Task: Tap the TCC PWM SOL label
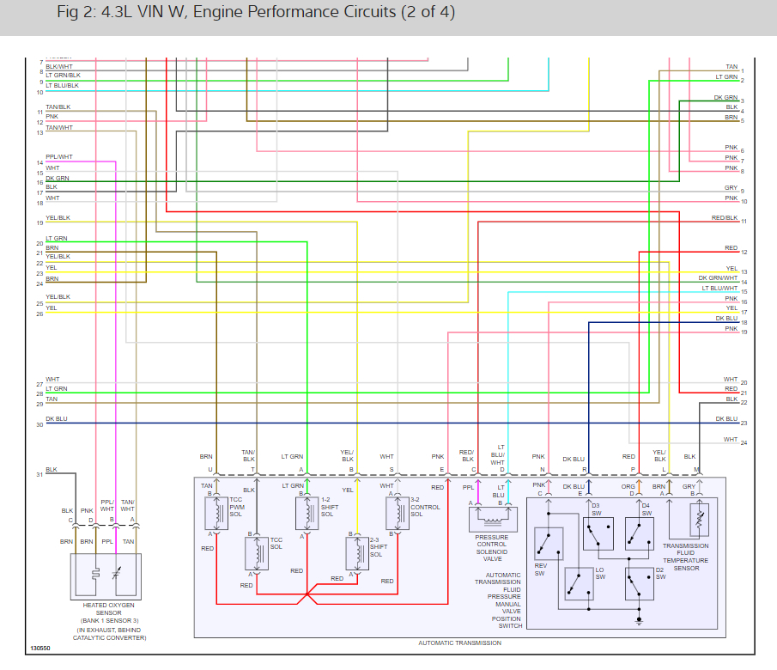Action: tap(236, 507)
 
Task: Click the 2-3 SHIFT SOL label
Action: tap(378, 547)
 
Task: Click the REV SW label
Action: tap(540, 570)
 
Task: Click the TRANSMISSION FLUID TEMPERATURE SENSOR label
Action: tap(685, 557)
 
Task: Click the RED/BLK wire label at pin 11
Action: tap(725, 218)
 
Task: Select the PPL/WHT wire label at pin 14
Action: tap(59, 156)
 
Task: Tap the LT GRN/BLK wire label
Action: tap(63, 76)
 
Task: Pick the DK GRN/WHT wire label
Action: tap(718, 277)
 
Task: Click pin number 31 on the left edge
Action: tap(39, 474)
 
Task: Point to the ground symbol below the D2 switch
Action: tap(639, 619)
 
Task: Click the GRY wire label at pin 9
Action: tap(731, 187)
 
